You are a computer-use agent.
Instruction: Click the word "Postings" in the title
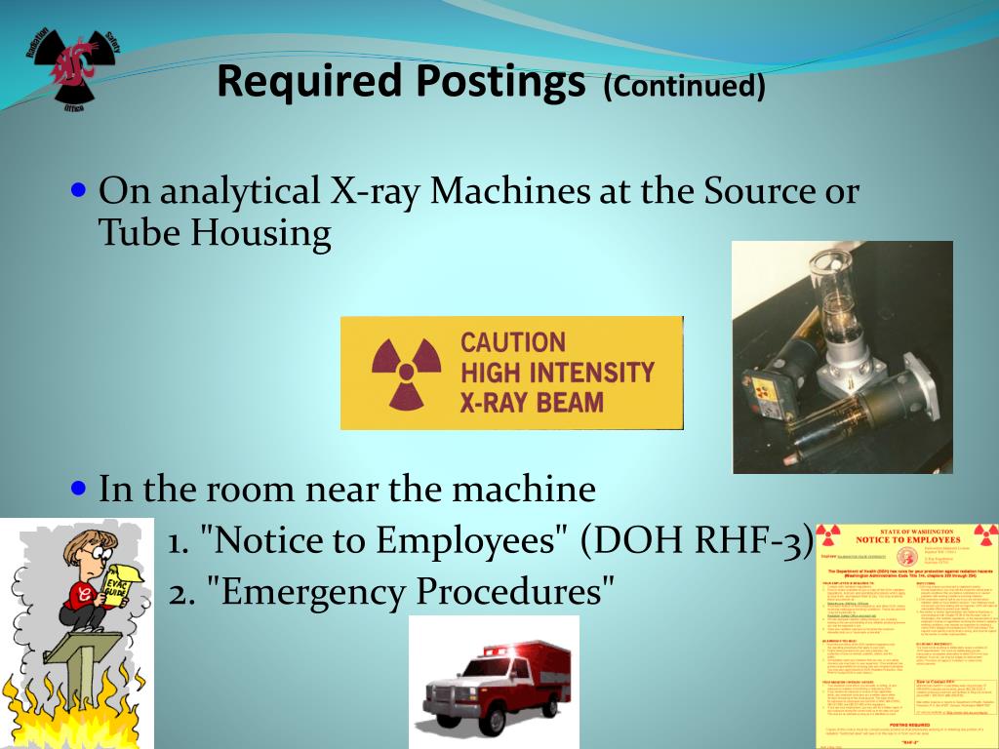500,83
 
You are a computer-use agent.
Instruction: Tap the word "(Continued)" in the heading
684,87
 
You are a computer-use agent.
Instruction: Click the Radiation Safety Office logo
70,65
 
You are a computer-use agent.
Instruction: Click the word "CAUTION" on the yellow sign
512,342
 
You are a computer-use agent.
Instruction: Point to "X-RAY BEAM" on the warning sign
532,402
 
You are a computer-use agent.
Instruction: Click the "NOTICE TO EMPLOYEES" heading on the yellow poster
907,539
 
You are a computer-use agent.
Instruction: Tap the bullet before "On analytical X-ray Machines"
81,187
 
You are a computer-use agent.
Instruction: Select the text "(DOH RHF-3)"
696,539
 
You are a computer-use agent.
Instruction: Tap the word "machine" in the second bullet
526,489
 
